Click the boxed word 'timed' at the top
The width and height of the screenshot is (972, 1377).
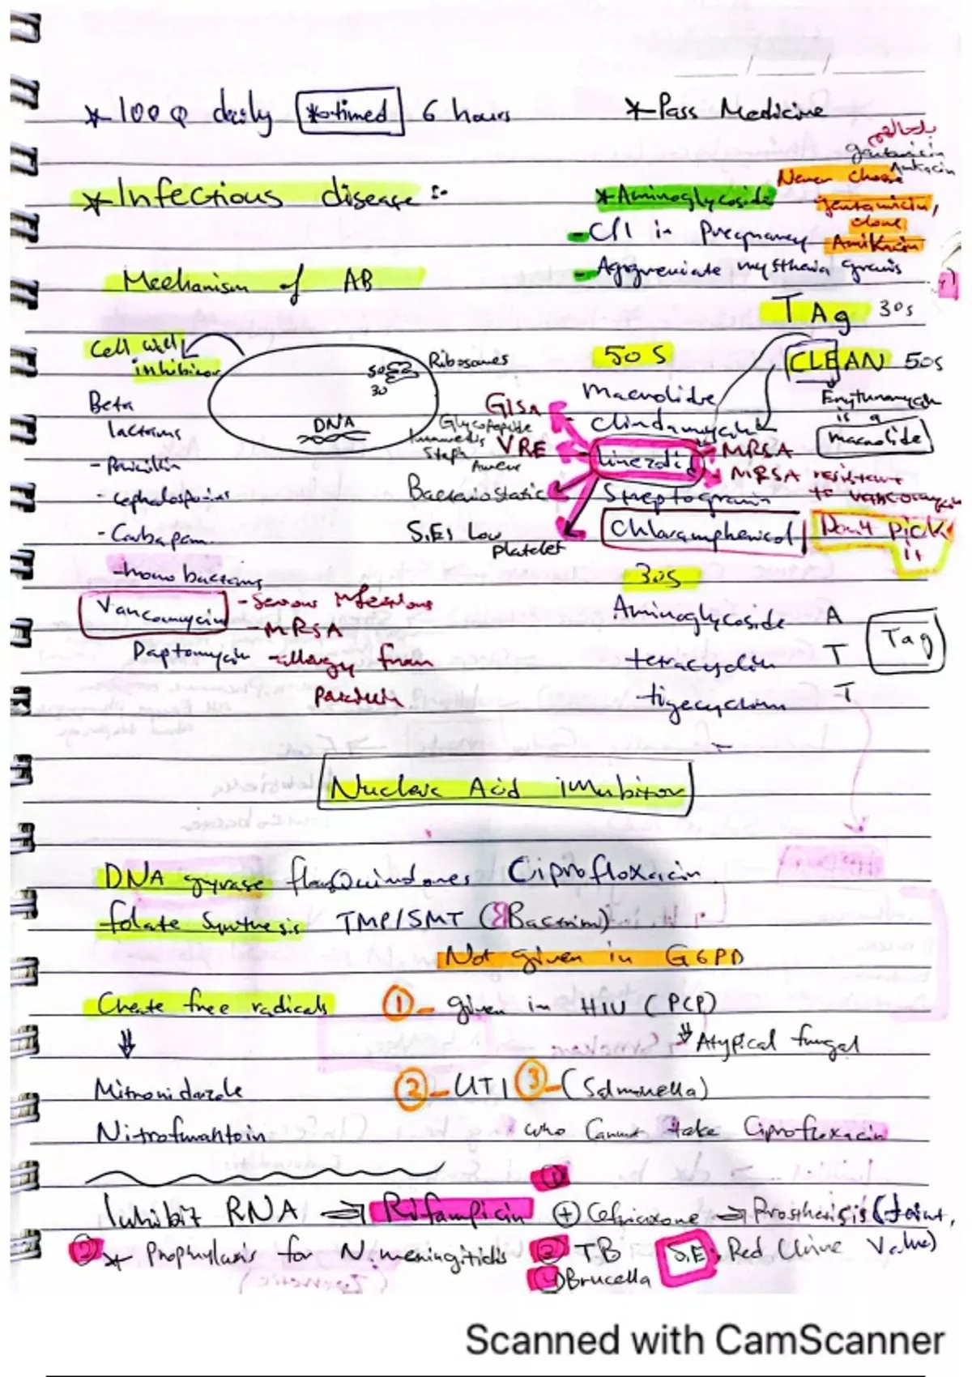351,111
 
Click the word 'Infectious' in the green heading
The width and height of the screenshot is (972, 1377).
199,197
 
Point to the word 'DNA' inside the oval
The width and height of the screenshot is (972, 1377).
334,423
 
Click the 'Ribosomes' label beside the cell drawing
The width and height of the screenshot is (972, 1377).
468,360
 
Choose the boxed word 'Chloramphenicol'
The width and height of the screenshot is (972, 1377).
701,531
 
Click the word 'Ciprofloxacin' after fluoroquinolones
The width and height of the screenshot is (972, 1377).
603,873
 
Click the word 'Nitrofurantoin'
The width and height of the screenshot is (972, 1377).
180,1133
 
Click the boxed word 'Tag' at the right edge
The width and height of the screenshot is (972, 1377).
906,642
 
